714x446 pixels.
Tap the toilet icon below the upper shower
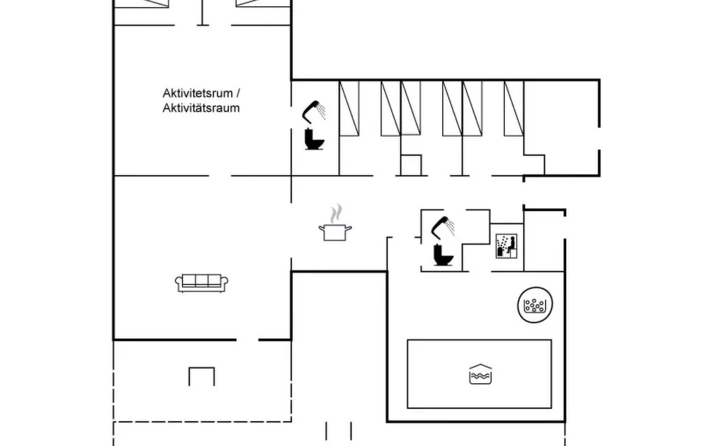click(314, 139)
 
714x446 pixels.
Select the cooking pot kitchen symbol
click(335, 232)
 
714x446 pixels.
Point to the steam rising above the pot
click(336, 213)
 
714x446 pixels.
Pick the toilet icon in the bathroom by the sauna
click(443, 255)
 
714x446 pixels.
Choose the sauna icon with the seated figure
click(506, 246)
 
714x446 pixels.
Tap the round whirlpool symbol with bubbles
click(535, 305)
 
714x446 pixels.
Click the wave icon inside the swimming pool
click(480, 374)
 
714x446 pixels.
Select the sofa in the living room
click(202, 283)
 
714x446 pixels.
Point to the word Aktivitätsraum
click(202, 108)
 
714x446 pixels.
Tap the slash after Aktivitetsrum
click(238, 93)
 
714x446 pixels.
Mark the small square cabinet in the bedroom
click(411, 165)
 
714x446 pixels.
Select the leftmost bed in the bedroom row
click(349, 108)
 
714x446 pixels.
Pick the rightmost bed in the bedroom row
click(514, 108)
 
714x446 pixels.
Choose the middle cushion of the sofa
click(202, 280)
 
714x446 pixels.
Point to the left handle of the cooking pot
click(321, 228)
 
